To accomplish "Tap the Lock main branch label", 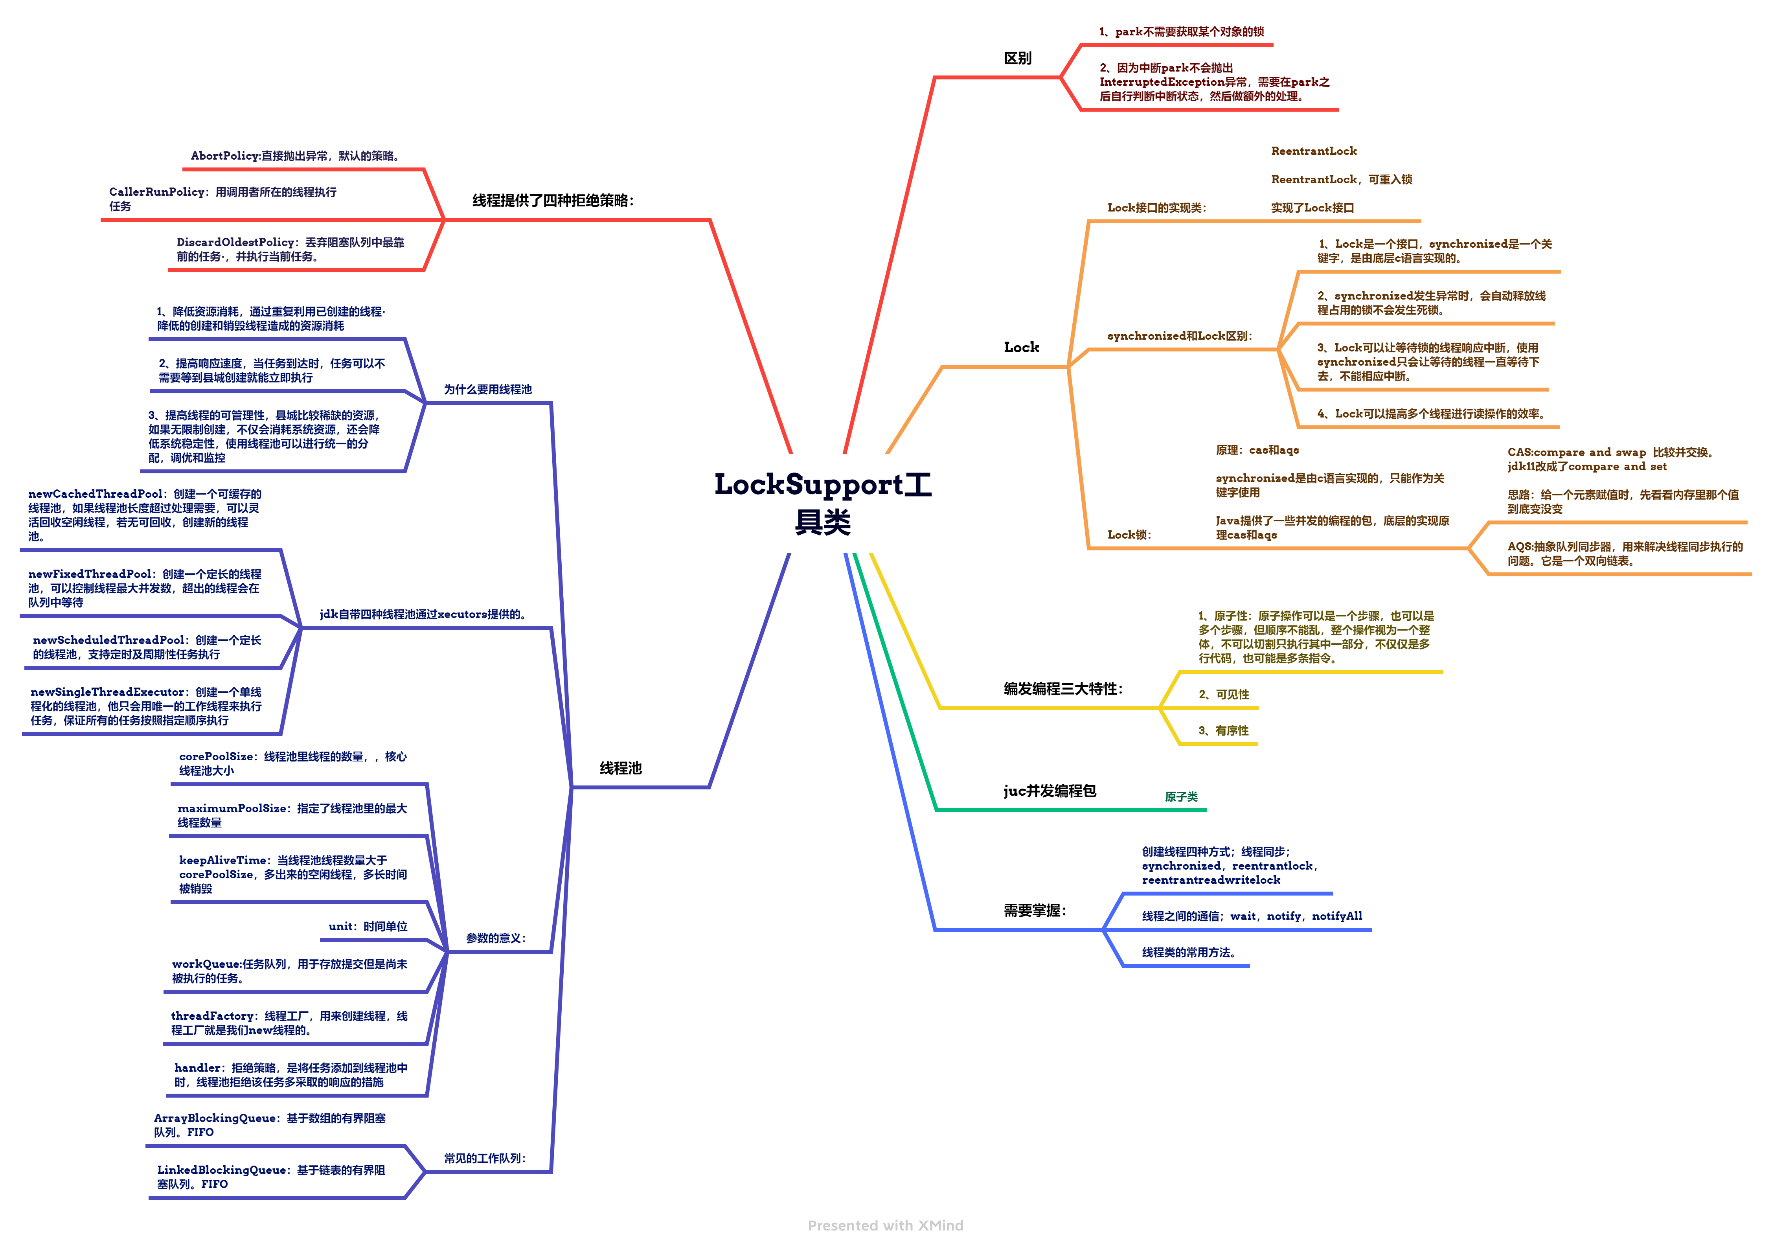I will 1021,347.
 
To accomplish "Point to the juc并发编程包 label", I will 1050,791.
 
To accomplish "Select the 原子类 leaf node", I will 1181,796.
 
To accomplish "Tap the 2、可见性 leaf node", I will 1223,695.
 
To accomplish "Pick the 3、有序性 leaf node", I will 1223,731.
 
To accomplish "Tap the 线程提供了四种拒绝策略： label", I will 553,200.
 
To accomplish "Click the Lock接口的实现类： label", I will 1156,208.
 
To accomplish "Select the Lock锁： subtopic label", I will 1129,535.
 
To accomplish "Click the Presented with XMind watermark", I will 885,1225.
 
